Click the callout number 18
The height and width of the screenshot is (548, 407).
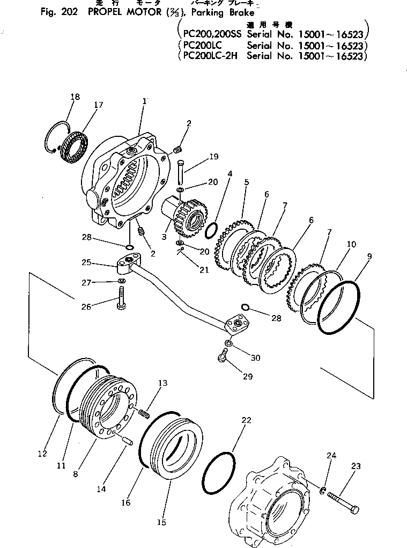75,97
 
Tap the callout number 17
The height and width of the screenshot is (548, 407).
98,105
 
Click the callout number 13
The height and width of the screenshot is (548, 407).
162,383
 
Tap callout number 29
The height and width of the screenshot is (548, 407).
247,376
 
